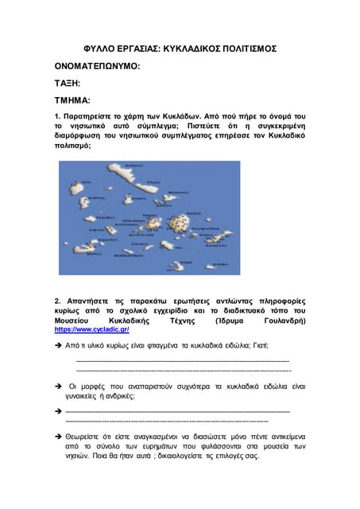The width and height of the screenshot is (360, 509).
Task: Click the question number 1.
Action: click(x=57, y=116)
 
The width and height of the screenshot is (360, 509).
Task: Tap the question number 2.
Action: click(x=57, y=301)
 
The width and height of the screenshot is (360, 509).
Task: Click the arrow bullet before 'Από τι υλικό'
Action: click(x=58, y=345)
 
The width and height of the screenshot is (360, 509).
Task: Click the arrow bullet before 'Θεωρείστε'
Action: click(x=58, y=437)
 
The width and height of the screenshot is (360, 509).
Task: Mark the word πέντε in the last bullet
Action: click(x=218, y=437)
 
